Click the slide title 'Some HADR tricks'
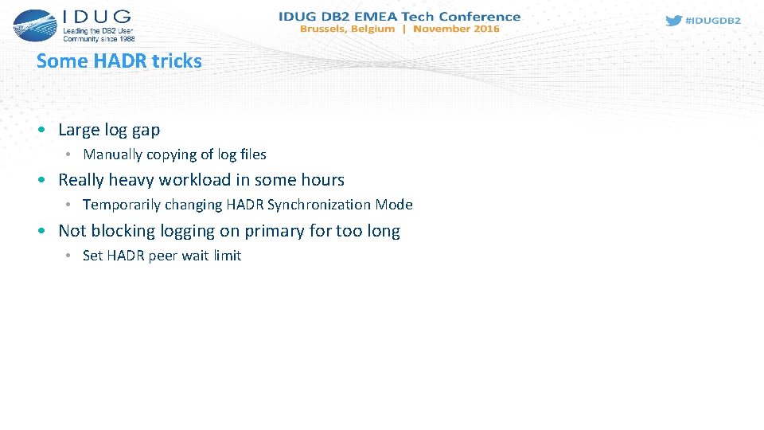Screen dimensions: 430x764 (119, 61)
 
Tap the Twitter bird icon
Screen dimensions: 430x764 (673, 21)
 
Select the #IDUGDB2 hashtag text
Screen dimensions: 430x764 (713, 21)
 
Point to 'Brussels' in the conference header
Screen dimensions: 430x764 (325, 29)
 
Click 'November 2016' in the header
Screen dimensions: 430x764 (456, 29)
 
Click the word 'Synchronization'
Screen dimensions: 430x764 (319, 205)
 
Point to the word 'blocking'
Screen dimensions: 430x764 (123, 231)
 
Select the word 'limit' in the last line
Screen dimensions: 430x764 (227, 256)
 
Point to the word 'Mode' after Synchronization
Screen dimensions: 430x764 (394, 205)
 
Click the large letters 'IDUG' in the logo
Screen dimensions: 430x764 (96, 17)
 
